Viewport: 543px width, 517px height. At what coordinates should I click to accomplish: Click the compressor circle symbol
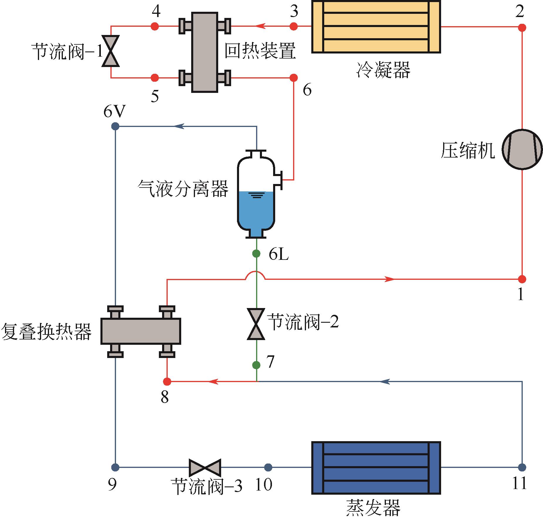coord(522,149)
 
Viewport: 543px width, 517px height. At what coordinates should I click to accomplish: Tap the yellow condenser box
coord(376,27)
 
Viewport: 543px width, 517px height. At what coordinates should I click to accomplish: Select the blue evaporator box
coord(376,467)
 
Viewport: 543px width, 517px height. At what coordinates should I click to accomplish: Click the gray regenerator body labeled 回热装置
coord(205,52)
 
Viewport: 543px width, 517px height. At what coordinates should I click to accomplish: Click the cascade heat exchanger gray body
coord(141,331)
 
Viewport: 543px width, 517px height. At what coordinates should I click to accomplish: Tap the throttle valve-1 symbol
coord(110,51)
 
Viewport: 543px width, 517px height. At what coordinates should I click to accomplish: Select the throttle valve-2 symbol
coord(256,324)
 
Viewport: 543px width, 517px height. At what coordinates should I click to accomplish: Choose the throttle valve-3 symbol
coord(205,467)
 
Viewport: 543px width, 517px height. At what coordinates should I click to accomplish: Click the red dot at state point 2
coord(522,28)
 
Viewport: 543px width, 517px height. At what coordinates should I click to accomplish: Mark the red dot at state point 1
coord(522,279)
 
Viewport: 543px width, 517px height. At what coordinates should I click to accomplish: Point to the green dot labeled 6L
coord(256,253)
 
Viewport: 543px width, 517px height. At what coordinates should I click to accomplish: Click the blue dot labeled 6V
coord(115,126)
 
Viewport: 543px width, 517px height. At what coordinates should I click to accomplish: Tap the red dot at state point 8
coord(167,382)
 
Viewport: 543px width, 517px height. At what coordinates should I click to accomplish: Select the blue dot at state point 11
coord(522,467)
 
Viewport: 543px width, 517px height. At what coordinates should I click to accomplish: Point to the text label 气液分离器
coord(183,188)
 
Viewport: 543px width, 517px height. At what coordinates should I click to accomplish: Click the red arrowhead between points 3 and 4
coord(260,26)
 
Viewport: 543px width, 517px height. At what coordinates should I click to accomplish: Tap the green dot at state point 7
coord(256,365)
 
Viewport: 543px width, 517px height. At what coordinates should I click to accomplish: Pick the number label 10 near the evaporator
coord(264,484)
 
